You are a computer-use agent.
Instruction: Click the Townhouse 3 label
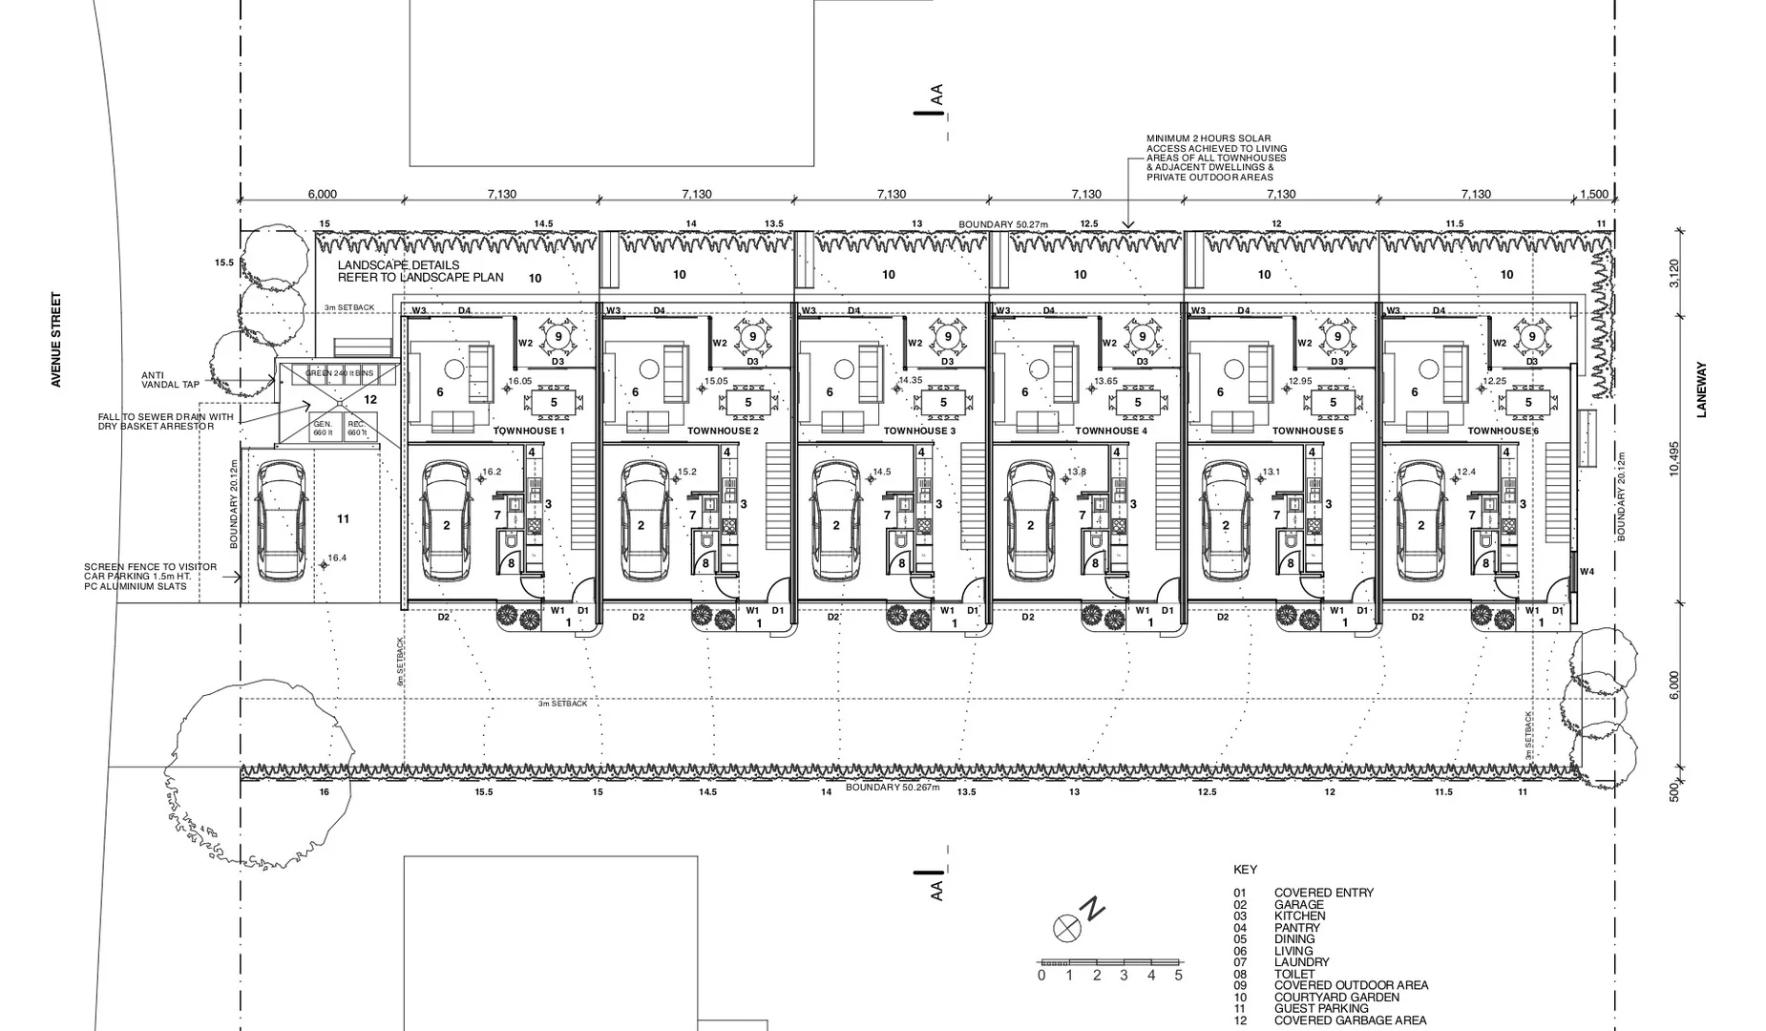tap(918, 431)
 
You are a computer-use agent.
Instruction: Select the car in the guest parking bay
tap(283, 520)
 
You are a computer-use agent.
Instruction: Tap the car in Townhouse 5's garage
tap(1226, 520)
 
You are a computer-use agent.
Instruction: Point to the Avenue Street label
tap(56, 340)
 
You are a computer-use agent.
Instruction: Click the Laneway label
tap(1700, 389)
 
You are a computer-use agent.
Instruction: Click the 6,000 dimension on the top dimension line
tap(322, 195)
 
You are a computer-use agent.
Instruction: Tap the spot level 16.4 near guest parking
tap(337, 558)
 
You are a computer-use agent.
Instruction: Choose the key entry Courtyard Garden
tap(1336, 998)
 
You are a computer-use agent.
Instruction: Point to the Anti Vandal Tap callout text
tap(171, 380)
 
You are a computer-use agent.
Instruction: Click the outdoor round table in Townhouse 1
tap(558, 336)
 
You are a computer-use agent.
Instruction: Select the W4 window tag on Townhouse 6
tap(1587, 572)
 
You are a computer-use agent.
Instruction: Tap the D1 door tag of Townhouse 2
tap(778, 611)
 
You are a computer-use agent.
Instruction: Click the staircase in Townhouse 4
tap(1168, 498)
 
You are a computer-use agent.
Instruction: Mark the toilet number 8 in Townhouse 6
tap(1485, 563)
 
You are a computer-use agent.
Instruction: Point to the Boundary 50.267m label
tap(893, 788)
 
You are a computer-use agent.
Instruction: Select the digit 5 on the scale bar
tap(1178, 976)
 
